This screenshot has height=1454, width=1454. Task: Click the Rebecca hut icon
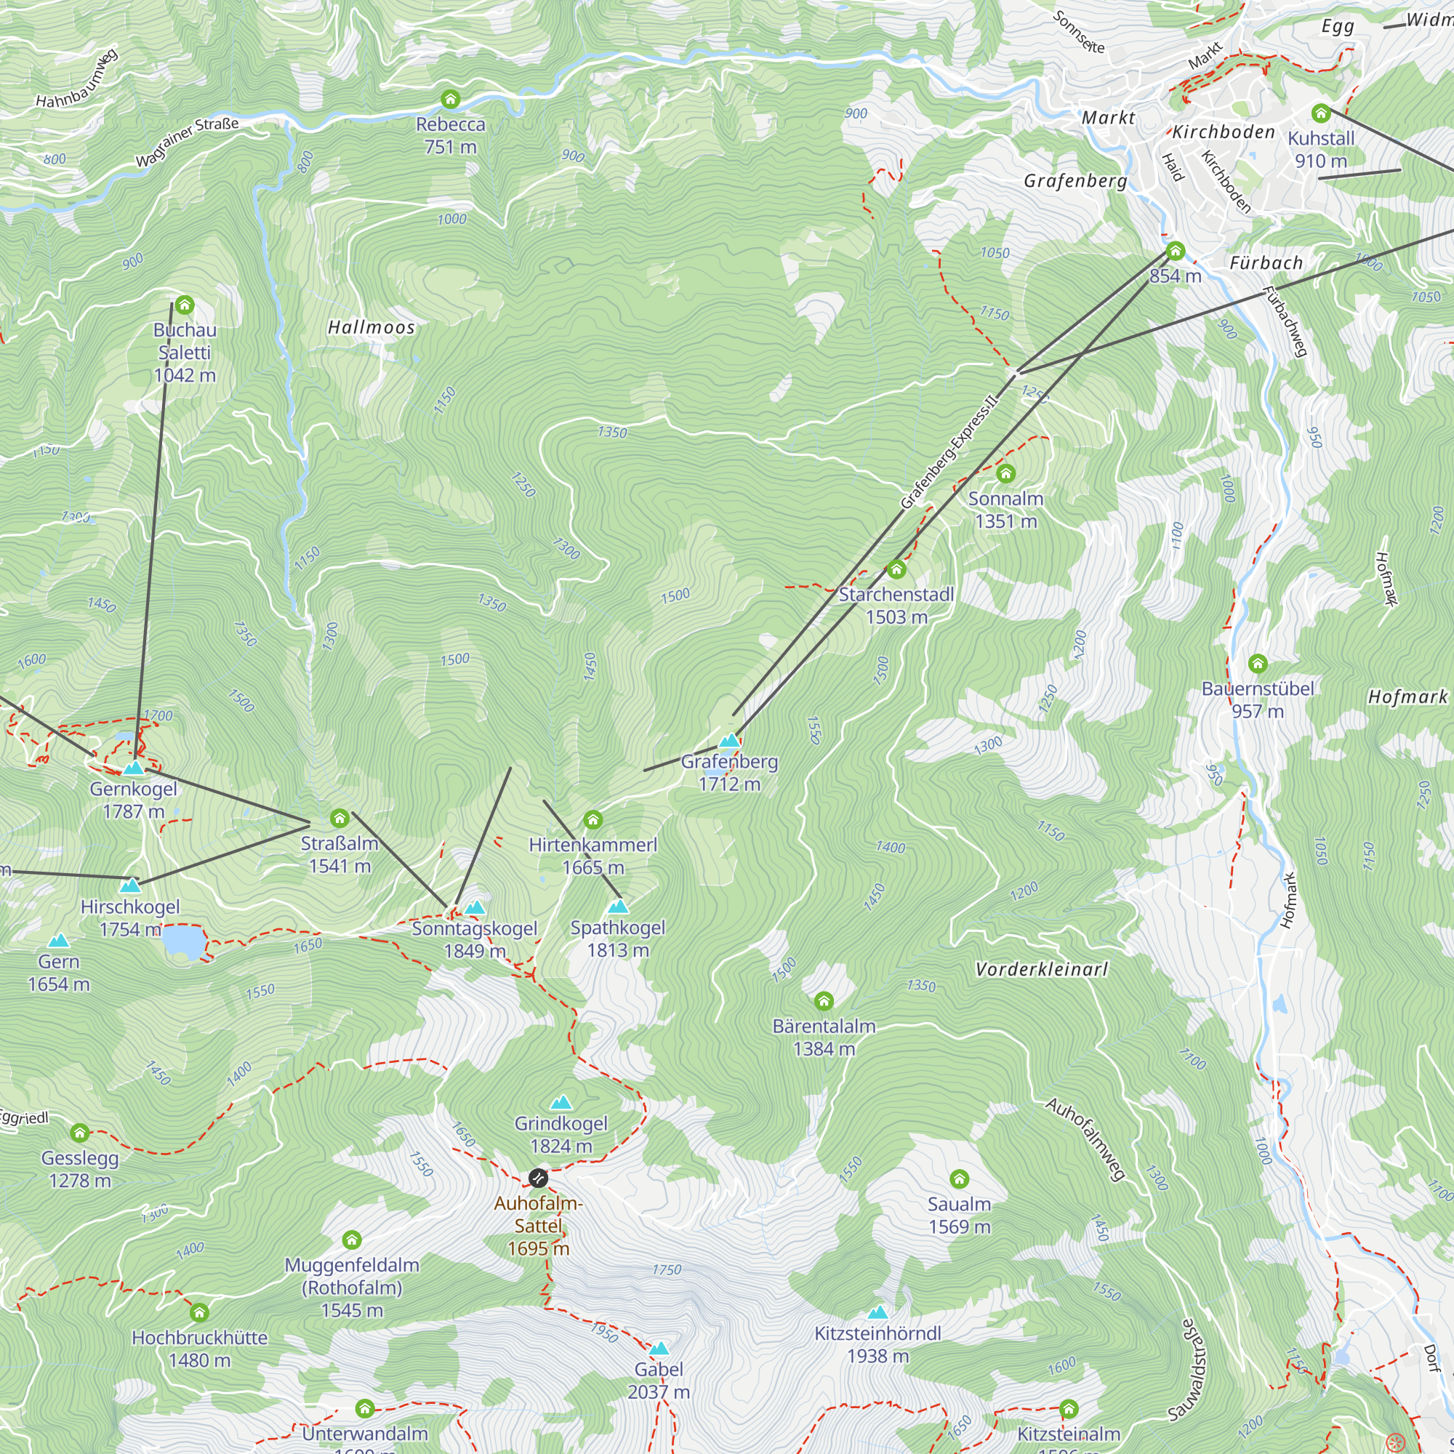(450, 100)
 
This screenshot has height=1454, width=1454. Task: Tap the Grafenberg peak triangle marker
(728, 741)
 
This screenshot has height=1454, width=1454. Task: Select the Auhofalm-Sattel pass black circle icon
(538, 1178)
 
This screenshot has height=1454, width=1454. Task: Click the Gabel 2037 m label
(659, 1381)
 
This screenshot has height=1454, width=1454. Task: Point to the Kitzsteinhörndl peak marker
(877, 1313)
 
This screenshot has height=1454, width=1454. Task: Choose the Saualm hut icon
(959, 1178)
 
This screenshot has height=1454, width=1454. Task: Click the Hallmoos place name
(371, 327)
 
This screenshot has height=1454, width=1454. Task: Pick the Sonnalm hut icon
(1005, 473)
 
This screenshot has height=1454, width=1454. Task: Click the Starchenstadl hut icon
(896, 569)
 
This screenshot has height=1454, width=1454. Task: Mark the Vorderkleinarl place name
(1042, 969)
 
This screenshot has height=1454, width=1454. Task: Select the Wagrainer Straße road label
(188, 142)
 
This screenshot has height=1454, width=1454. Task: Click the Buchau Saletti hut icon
(185, 305)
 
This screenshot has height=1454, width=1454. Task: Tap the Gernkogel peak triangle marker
(133, 768)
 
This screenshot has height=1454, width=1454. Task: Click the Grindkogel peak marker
(561, 1104)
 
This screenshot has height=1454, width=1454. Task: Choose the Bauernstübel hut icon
(1258, 664)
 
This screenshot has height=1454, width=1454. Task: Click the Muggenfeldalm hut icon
(351, 1240)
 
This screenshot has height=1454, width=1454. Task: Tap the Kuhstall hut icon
(1321, 113)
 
